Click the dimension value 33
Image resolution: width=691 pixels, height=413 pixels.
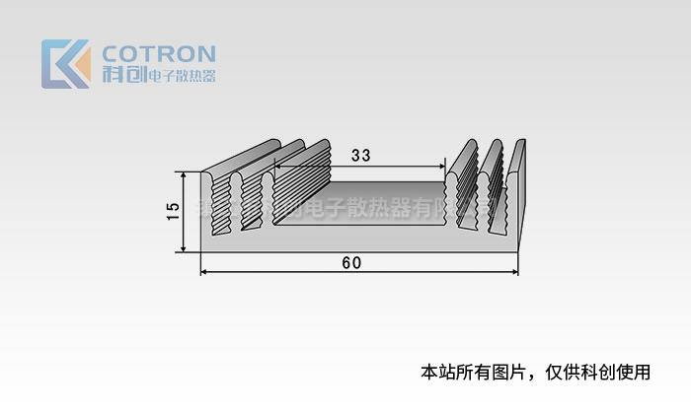coord(360,155)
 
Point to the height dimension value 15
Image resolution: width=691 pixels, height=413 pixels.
coord(173,210)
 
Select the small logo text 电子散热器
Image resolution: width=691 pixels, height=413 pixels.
coord(181,76)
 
